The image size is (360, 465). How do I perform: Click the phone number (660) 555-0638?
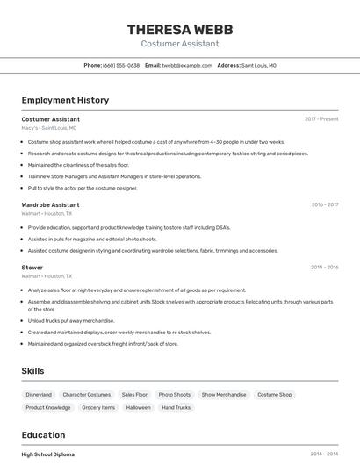[x=121, y=65]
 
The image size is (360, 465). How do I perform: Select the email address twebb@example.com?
[x=187, y=65]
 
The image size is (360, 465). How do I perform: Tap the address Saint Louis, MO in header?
[x=259, y=65]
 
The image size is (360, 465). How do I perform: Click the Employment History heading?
[x=65, y=100]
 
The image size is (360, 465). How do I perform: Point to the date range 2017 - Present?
[x=321, y=118]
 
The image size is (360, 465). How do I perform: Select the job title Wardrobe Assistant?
[x=50, y=204]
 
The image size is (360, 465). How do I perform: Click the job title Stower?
[x=32, y=267]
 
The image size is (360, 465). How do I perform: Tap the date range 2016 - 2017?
[x=324, y=204]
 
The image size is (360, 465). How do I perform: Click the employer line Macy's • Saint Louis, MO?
[x=49, y=127]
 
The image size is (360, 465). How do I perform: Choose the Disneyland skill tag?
[x=39, y=395]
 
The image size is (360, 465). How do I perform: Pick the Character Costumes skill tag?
[x=87, y=395]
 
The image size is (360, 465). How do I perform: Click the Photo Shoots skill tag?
[x=175, y=395]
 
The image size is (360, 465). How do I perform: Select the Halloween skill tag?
[x=138, y=407]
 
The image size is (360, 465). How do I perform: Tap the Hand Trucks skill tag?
[x=176, y=407]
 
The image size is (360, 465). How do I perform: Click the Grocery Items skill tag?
[x=97, y=407]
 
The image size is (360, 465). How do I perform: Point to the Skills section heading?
[x=32, y=371]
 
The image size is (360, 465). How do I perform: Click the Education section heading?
[x=43, y=434]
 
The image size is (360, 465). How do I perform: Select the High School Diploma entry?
[x=48, y=454]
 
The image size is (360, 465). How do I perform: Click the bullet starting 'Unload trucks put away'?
[x=71, y=321]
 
